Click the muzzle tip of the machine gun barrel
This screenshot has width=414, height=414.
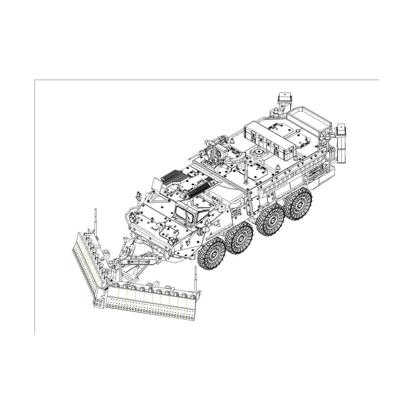(x=190, y=158)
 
